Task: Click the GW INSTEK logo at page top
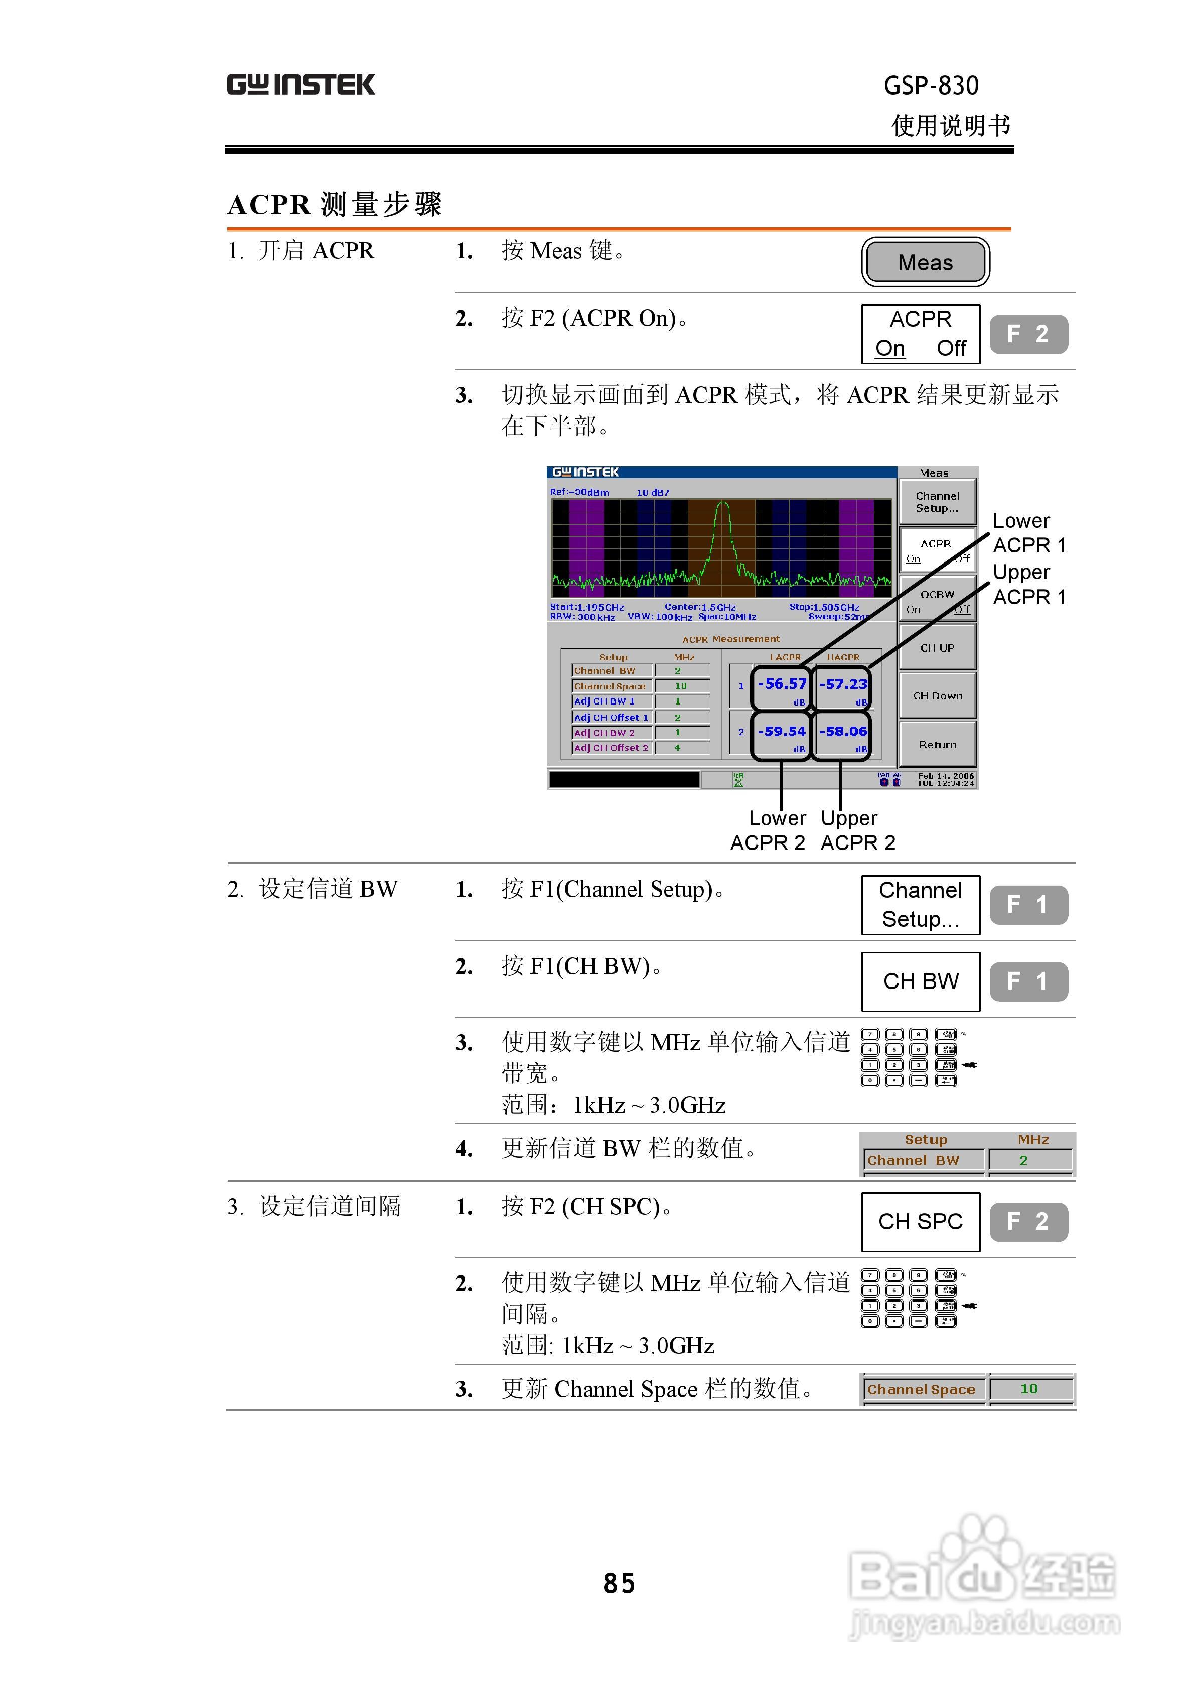301,85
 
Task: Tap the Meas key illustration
925,262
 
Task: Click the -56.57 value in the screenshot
782,684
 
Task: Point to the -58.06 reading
843,732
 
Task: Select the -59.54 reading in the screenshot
782,732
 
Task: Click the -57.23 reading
843,684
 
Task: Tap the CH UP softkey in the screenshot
937,648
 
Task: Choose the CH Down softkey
937,695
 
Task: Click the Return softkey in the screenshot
937,744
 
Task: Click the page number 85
619,1583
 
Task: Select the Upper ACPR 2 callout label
857,830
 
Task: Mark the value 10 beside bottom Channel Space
1028,1389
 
